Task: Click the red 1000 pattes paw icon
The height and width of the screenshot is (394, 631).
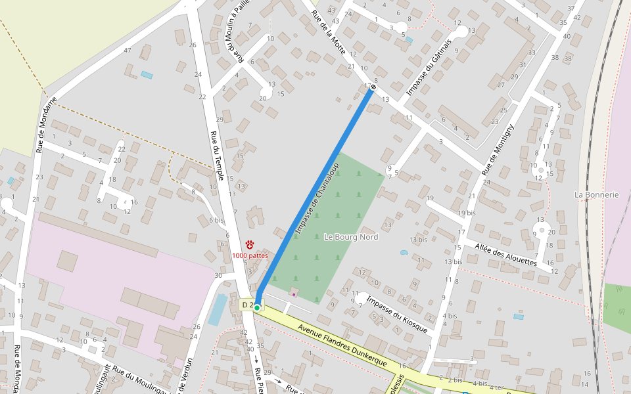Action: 250,244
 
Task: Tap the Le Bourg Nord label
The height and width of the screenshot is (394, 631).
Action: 351,237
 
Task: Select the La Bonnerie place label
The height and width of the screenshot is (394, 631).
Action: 597,195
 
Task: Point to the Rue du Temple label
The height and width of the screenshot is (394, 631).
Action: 218,156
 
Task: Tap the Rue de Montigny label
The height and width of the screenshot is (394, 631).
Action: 497,150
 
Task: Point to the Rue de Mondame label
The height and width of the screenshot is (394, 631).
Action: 47,125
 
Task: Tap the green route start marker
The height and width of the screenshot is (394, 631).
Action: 257,307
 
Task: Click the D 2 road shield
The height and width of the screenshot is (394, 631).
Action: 247,305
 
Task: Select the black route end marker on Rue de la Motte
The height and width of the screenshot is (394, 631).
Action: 373,87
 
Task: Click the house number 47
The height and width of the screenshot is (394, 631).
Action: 128,51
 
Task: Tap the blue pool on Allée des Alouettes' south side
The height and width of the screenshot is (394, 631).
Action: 519,317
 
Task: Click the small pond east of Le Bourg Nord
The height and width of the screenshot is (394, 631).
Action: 404,252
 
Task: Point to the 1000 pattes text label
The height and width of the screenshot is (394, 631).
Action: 250,255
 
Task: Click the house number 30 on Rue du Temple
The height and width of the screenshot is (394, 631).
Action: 218,274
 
